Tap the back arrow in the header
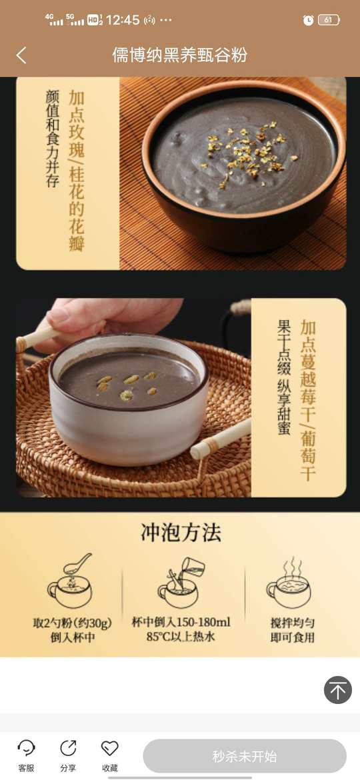[21, 55]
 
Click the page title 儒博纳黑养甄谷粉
[179, 55]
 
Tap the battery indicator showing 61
[329, 20]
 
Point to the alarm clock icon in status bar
[308, 20]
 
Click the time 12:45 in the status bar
[123, 20]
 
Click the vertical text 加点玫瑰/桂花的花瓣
[77, 171]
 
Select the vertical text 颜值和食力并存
[52, 139]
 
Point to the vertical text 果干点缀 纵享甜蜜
[284, 377]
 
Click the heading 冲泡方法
[181, 533]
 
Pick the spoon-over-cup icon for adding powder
[70, 581]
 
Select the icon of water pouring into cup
[181, 582]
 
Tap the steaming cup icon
[289, 583]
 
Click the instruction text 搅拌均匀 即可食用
[293, 630]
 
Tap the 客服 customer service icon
[27, 747]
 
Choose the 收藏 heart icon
[110, 747]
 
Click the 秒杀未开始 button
[245, 756]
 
